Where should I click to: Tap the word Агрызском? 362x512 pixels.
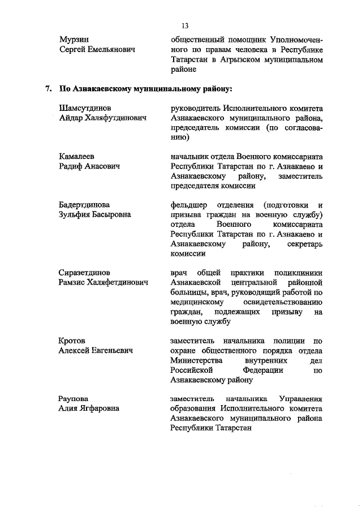tap(243, 60)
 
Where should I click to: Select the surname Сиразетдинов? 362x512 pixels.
tap(84, 272)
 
